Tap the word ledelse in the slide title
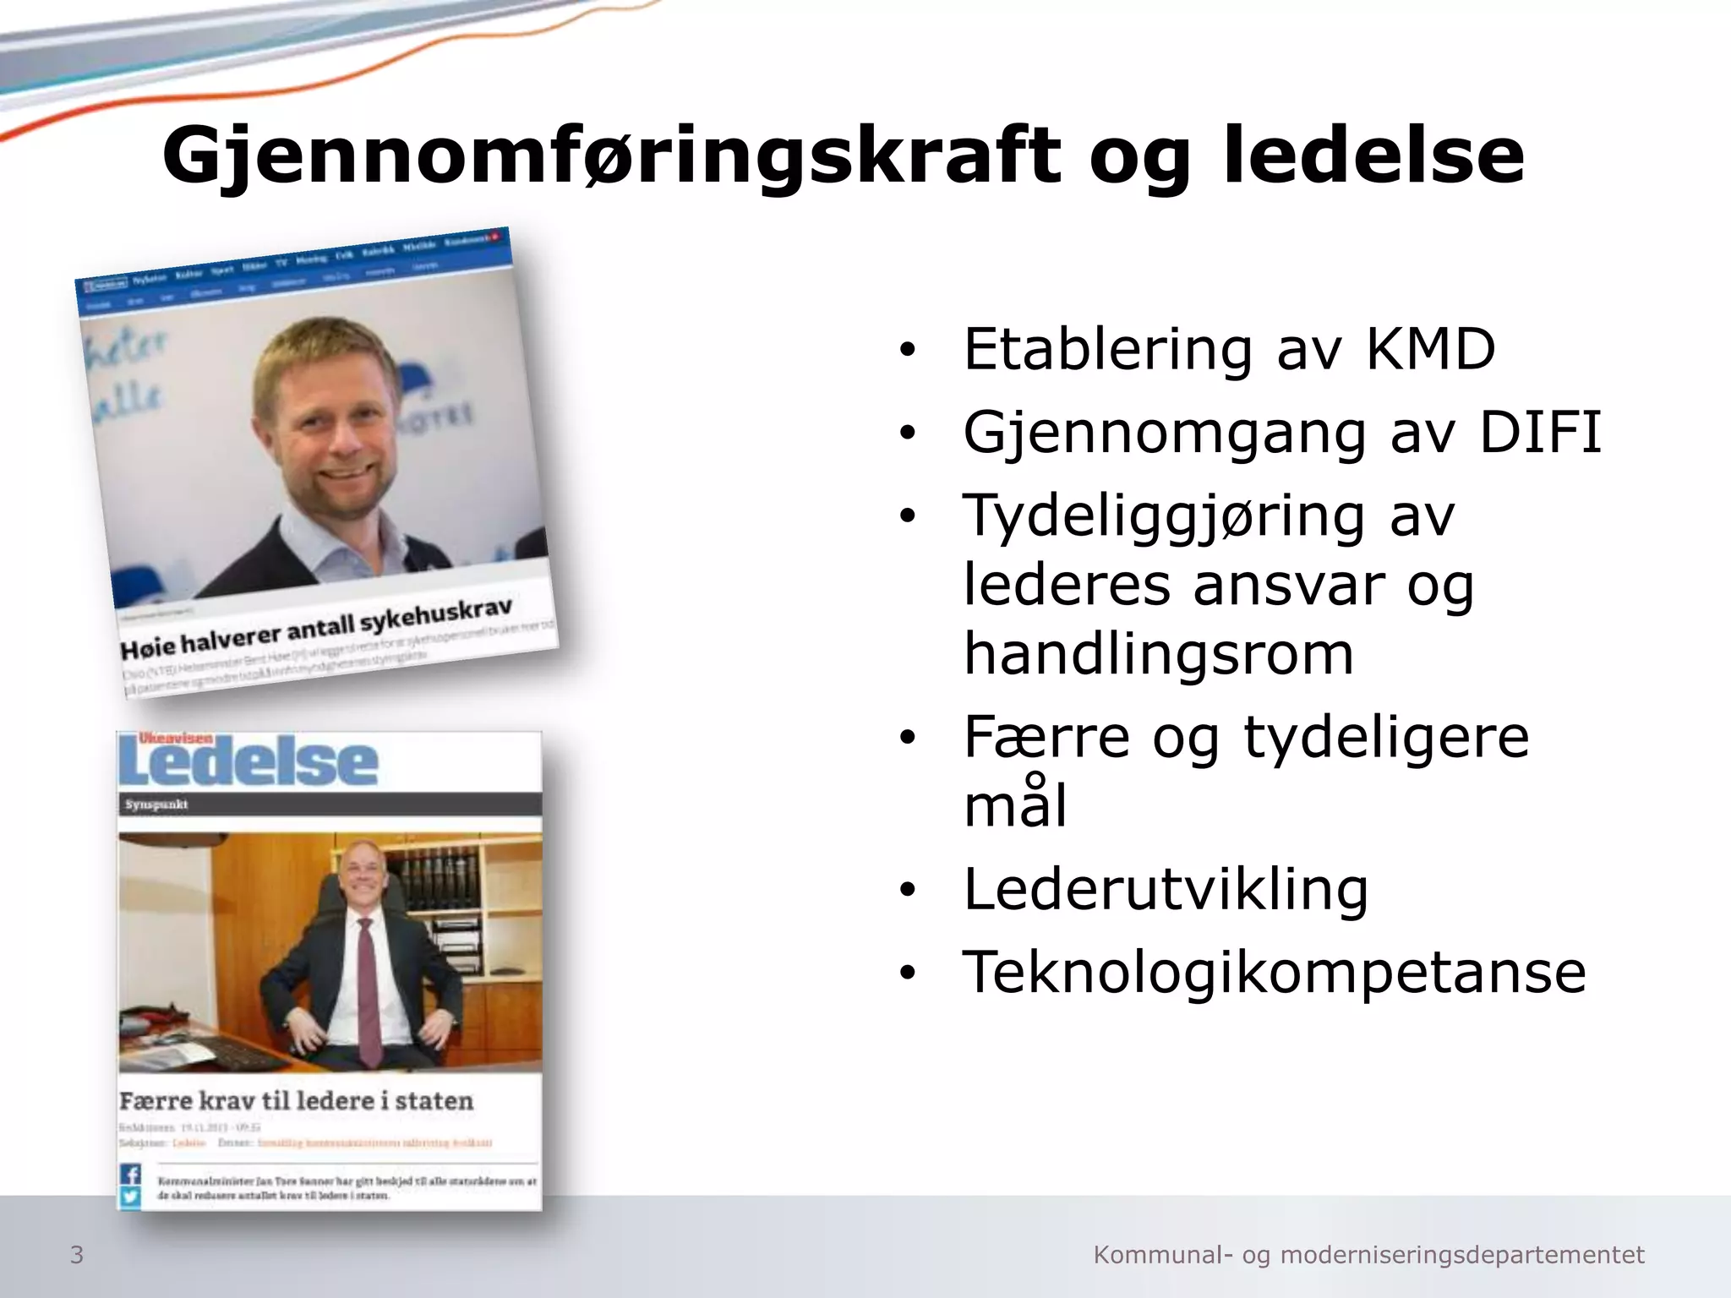1373,156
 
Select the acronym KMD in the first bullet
1430,349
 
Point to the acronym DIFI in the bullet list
1539,433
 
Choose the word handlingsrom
1159,654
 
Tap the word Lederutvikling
1166,889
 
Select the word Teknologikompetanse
1275,972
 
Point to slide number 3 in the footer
77,1255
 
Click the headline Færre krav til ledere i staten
296,1101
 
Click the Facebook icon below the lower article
130,1175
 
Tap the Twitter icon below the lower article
130,1197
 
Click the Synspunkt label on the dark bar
156,804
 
